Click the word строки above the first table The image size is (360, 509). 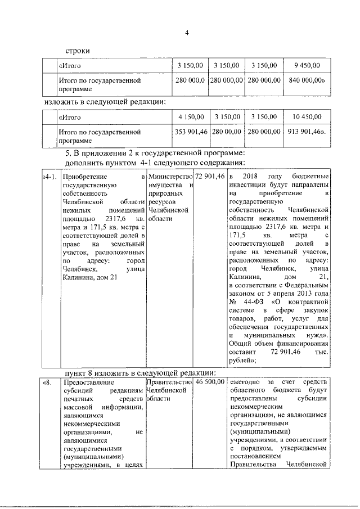pos(76,51)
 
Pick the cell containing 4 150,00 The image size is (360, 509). pos(191,117)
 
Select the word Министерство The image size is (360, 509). pos(169,177)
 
